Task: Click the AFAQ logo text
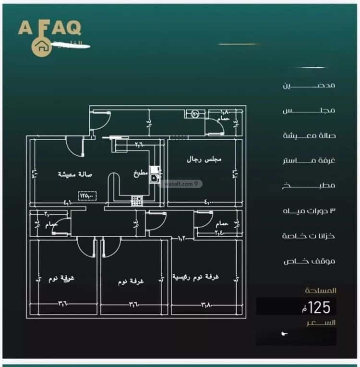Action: coord(49,27)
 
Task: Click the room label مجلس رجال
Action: coord(204,159)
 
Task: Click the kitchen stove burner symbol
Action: coord(136,200)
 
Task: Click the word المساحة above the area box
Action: coord(321,291)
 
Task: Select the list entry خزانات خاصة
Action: coord(309,236)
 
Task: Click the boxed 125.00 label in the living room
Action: coord(87,196)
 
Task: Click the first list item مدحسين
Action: coord(309,86)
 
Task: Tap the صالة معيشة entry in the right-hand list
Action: coord(309,135)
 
